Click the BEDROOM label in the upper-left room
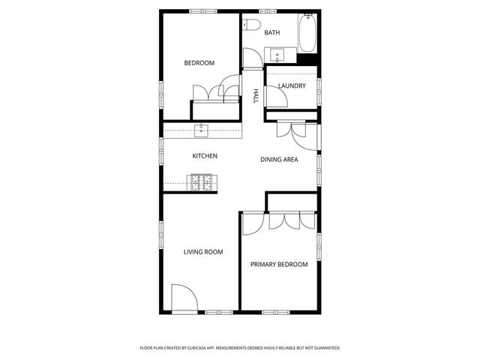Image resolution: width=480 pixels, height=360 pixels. tap(199, 63)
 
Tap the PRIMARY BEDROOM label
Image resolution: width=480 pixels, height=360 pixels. tap(279, 264)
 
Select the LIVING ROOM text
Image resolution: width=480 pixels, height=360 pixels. tap(203, 252)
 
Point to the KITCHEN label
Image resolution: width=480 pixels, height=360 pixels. tap(205, 156)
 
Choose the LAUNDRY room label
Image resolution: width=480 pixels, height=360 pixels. tap(292, 86)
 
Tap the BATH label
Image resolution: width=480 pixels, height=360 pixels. tap(272, 32)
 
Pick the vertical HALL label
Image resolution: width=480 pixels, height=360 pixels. tap(256, 96)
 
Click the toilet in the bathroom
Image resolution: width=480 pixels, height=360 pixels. tap(251, 26)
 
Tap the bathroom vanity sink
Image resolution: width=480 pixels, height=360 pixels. tap(277, 55)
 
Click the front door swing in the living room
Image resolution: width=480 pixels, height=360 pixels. tap(184, 297)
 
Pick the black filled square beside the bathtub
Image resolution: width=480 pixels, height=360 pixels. tap(307, 58)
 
